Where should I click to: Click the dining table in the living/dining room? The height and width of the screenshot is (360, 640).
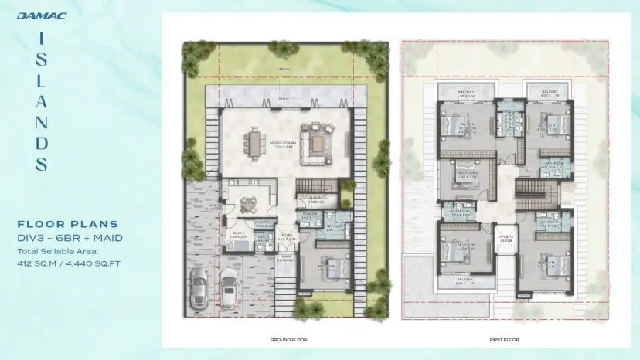[x=254, y=142]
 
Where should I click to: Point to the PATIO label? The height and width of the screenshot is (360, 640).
[x=284, y=98]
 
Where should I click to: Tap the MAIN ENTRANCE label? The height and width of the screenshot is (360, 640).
[x=287, y=258]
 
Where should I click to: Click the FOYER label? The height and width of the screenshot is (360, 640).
[x=286, y=237]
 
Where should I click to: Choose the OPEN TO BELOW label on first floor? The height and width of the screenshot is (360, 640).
[x=506, y=236]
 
